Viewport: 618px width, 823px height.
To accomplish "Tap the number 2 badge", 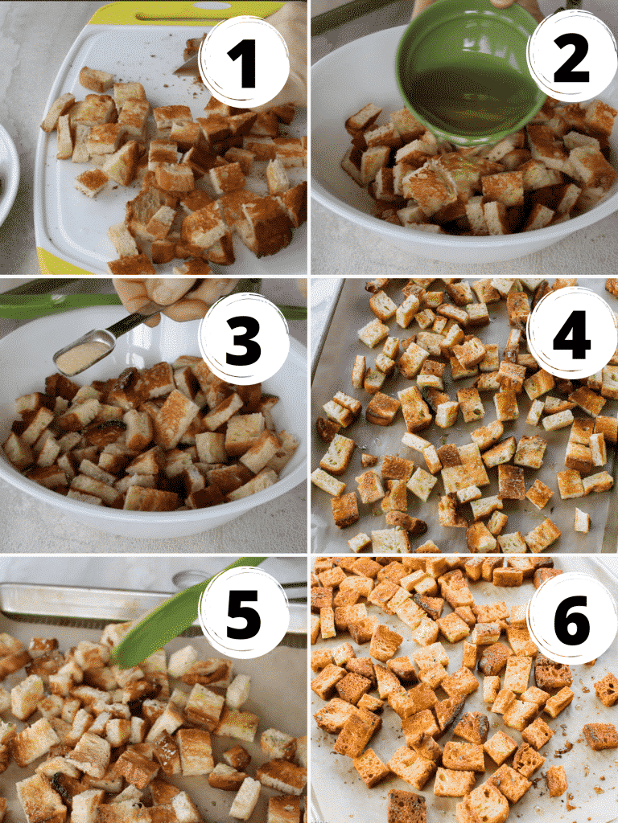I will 571,58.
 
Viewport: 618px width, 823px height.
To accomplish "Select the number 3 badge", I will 244,338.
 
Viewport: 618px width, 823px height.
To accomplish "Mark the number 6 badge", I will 571,617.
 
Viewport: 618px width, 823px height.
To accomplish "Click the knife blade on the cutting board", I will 187,64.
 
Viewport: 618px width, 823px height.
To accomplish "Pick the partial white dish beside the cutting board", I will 8,173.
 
